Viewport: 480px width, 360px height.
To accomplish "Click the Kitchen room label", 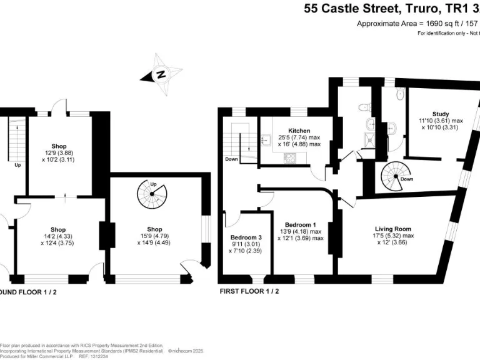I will click(x=299, y=131).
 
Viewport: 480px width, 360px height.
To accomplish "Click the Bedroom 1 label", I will click(x=300, y=225).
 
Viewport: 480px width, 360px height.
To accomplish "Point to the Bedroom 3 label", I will click(x=246, y=237).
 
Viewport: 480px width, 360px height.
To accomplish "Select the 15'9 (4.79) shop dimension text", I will click(x=155, y=237).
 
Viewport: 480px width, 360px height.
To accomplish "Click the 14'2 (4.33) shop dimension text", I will click(x=58, y=237).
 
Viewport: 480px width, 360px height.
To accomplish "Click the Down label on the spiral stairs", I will click(x=407, y=179).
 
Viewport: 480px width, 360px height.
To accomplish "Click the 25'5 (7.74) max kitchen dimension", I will click(x=299, y=137).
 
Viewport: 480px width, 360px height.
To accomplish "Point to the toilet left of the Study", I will click(x=392, y=128).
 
